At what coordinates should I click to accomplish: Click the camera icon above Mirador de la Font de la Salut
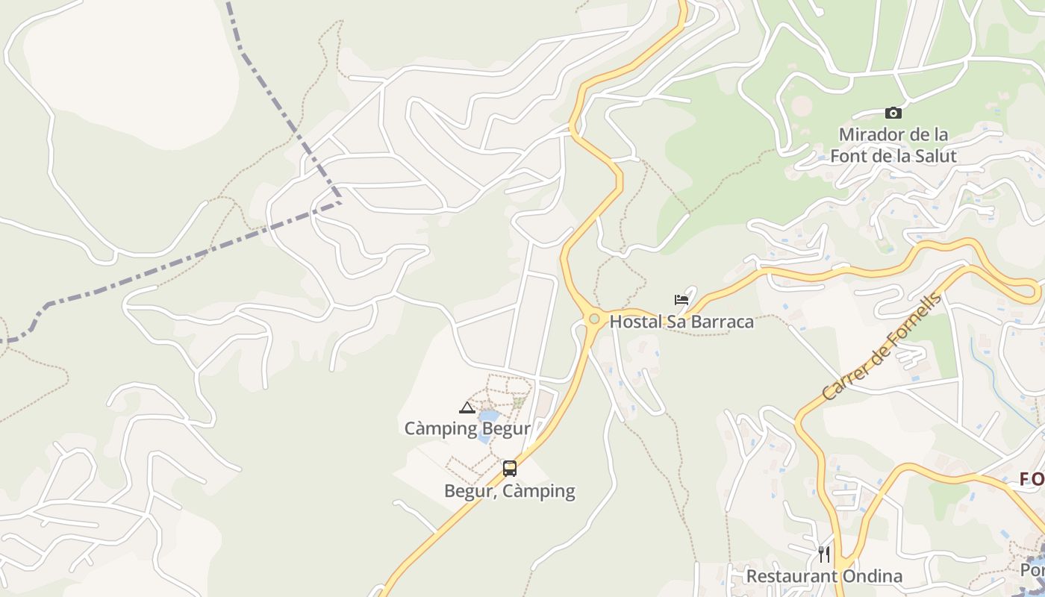click(893, 113)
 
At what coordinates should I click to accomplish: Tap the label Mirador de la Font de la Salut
click(893, 146)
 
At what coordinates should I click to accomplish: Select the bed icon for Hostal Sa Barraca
click(681, 300)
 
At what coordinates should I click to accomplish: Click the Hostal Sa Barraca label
click(681, 322)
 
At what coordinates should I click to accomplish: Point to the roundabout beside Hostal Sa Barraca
click(594, 319)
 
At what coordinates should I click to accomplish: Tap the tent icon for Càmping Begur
click(467, 407)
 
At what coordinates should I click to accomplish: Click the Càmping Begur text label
click(467, 428)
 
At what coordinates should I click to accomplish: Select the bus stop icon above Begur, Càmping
click(510, 469)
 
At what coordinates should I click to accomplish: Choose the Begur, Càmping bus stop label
click(510, 491)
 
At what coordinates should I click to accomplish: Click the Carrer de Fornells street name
click(882, 347)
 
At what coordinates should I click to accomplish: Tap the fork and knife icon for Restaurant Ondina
click(824, 554)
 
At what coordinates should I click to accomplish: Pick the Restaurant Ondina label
click(824, 576)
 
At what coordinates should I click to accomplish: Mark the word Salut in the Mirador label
click(934, 157)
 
